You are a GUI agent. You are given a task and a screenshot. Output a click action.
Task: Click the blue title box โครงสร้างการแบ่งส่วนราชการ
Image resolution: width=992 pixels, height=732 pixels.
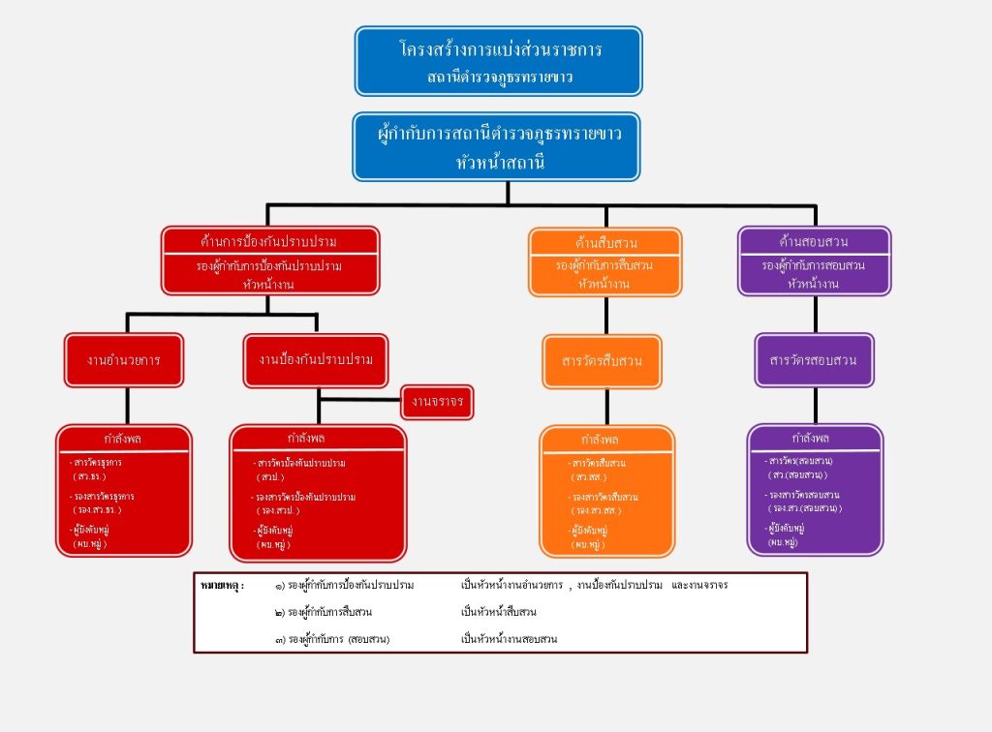[498, 60]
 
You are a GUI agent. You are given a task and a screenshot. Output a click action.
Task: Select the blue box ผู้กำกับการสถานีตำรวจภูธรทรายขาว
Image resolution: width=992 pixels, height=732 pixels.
[496, 145]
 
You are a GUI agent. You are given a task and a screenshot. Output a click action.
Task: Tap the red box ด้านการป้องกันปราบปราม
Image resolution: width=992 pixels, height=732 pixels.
[270, 259]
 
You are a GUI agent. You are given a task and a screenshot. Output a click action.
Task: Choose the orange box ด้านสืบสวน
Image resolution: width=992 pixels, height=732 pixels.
[605, 260]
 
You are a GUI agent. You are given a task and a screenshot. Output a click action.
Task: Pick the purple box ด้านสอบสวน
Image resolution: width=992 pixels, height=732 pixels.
[814, 259]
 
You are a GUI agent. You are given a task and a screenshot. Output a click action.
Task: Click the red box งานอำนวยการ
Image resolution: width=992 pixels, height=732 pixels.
[123, 359]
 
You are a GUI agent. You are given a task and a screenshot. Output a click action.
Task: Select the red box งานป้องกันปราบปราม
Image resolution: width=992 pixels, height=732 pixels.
[316, 359]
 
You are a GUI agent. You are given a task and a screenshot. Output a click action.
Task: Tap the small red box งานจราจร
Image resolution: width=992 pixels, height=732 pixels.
[438, 402]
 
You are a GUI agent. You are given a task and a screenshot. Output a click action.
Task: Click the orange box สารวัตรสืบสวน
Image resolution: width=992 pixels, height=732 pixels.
[603, 361]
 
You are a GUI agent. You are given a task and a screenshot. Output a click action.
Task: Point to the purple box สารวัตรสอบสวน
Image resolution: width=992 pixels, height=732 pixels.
[814, 360]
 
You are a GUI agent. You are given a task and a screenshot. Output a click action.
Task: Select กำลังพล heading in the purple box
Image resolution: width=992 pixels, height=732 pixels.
[814, 438]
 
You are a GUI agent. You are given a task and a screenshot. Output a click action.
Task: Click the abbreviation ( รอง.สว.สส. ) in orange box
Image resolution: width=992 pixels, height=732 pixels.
[597, 509]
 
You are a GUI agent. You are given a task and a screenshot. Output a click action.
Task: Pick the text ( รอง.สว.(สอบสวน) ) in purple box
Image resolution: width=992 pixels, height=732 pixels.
[804, 507]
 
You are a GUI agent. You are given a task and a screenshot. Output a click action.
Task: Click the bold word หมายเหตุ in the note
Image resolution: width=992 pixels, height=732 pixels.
[222, 586]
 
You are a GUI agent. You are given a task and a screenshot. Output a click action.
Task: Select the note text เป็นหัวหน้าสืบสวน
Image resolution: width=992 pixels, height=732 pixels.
[499, 612]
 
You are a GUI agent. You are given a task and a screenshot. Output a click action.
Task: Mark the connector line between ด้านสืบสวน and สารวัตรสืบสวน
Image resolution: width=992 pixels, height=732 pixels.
[606, 315]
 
